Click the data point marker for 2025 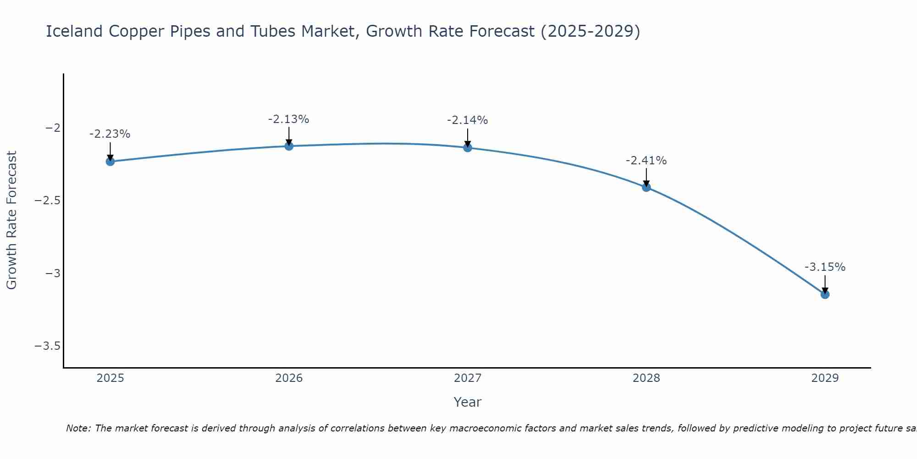click(110, 161)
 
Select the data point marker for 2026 click(289, 146)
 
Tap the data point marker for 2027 click(468, 147)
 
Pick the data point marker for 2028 click(646, 187)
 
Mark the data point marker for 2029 click(825, 294)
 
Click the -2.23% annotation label click(110, 134)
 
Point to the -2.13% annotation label click(288, 119)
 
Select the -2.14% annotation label click(467, 120)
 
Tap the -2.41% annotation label click(646, 161)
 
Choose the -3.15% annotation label click(825, 267)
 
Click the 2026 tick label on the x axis click(289, 378)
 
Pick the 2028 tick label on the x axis click(646, 378)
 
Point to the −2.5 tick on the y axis click(48, 201)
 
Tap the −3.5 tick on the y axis click(48, 346)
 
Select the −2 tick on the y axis click(53, 128)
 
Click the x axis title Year click(467, 402)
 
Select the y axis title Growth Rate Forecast click(11, 220)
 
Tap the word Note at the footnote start click(78, 428)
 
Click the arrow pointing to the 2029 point click(825, 285)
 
